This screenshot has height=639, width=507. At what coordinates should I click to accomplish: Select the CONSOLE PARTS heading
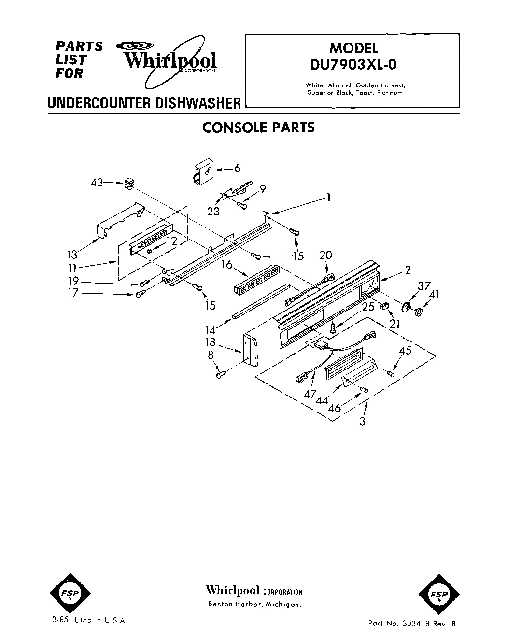[258, 128]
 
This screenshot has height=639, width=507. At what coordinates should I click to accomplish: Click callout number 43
[97, 183]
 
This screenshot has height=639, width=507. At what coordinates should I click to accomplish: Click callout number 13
[72, 254]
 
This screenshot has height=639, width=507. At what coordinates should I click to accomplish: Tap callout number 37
[423, 286]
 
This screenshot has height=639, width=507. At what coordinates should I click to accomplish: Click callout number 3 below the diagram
[363, 421]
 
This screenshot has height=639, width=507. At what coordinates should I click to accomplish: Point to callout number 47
[310, 394]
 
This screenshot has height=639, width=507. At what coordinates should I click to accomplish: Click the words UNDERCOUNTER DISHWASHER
[144, 103]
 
